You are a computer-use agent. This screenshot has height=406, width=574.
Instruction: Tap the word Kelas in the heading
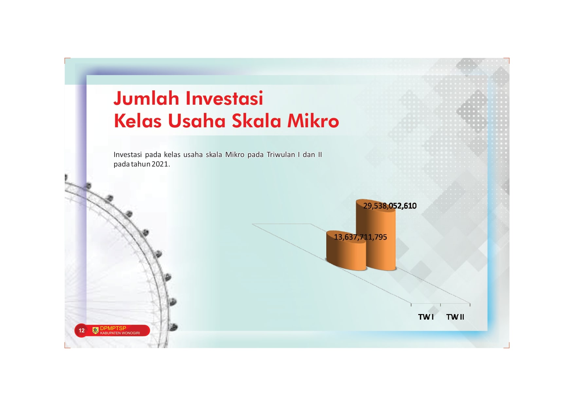click(x=138, y=120)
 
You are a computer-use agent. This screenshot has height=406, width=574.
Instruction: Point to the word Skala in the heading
click(x=257, y=120)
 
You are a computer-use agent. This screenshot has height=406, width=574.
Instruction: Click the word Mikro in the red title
click(x=313, y=120)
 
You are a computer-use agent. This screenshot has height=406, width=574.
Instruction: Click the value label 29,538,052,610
click(x=390, y=206)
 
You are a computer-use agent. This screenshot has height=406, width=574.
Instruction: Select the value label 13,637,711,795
click(x=360, y=237)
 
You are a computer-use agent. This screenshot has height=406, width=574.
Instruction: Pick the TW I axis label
click(x=426, y=317)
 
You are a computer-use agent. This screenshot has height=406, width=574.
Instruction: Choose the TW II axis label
click(x=455, y=317)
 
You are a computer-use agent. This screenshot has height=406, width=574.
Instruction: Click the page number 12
click(x=81, y=330)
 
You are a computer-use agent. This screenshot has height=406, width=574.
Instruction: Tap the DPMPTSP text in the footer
click(x=113, y=328)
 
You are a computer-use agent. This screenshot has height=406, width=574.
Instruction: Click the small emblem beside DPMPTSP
click(x=96, y=330)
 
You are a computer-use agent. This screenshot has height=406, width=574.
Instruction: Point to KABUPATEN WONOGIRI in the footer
click(x=120, y=333)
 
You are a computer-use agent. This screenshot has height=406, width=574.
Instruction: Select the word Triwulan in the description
click(x=281, y=154)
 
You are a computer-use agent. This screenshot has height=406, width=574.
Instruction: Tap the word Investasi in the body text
click(x=128, y=154)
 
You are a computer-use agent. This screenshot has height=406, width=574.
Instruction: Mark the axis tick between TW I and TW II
click(x=440, y=305)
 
